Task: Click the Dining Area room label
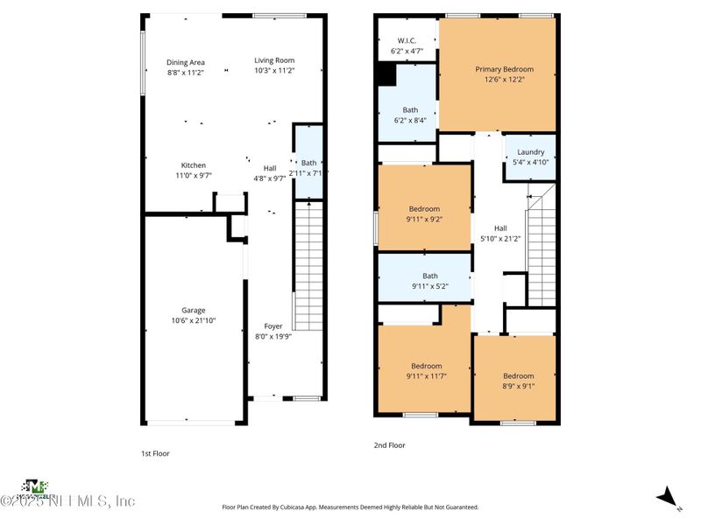click(x=186, y=62)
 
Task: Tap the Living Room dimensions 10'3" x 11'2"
click(x=274, y=71)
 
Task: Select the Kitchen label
click(x=194, y=165)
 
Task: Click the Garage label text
click(x=194, y=311)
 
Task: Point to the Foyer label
click(x=273, y=326)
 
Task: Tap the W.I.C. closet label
click(x=406, y=40)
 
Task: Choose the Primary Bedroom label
click(x=504, y=69)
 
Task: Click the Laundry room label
click(x=530, y=152)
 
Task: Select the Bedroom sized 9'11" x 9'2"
click(x=425, y=214)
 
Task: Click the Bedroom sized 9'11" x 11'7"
click(x=425, y=370)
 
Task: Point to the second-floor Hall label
click(x=500, y=228)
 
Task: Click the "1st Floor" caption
click(x=155, y=453)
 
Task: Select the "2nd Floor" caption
click(x=389, y=445)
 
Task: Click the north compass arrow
click(x=669, y=497)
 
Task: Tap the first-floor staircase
click(x=308, y=262)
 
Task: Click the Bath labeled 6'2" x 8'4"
click(x=410, y=115)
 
